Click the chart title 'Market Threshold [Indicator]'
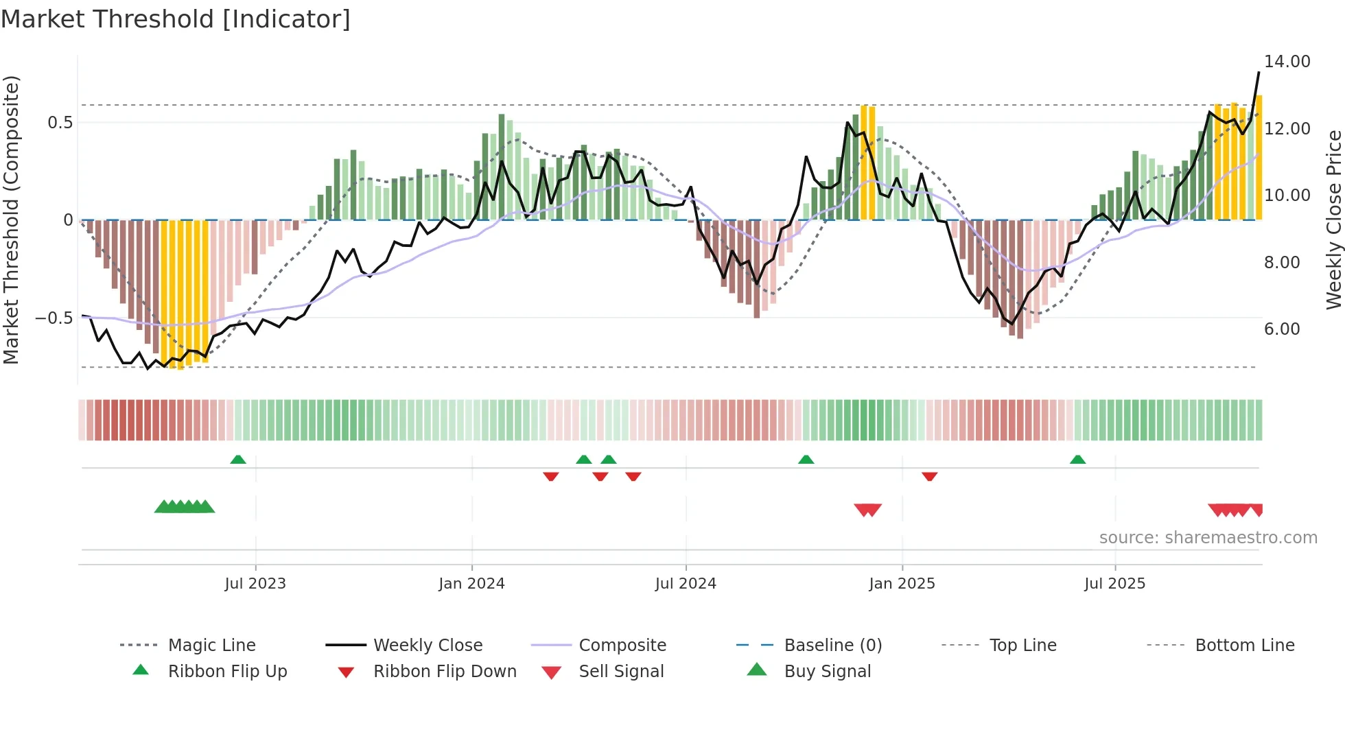click(x=176, y=19)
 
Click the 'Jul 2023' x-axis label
click(x=255, y=584)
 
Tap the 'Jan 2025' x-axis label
click(x=902, y=584)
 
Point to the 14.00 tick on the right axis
click(x=1287, y=62)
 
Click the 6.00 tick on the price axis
click(x=1282, y=329)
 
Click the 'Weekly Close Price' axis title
click(x=1333, y=220)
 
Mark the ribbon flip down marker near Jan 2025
click(x=930, y=476)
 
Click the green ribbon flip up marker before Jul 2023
click(x=238, y=460)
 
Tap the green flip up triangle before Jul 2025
click(x=1077, y=460)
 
